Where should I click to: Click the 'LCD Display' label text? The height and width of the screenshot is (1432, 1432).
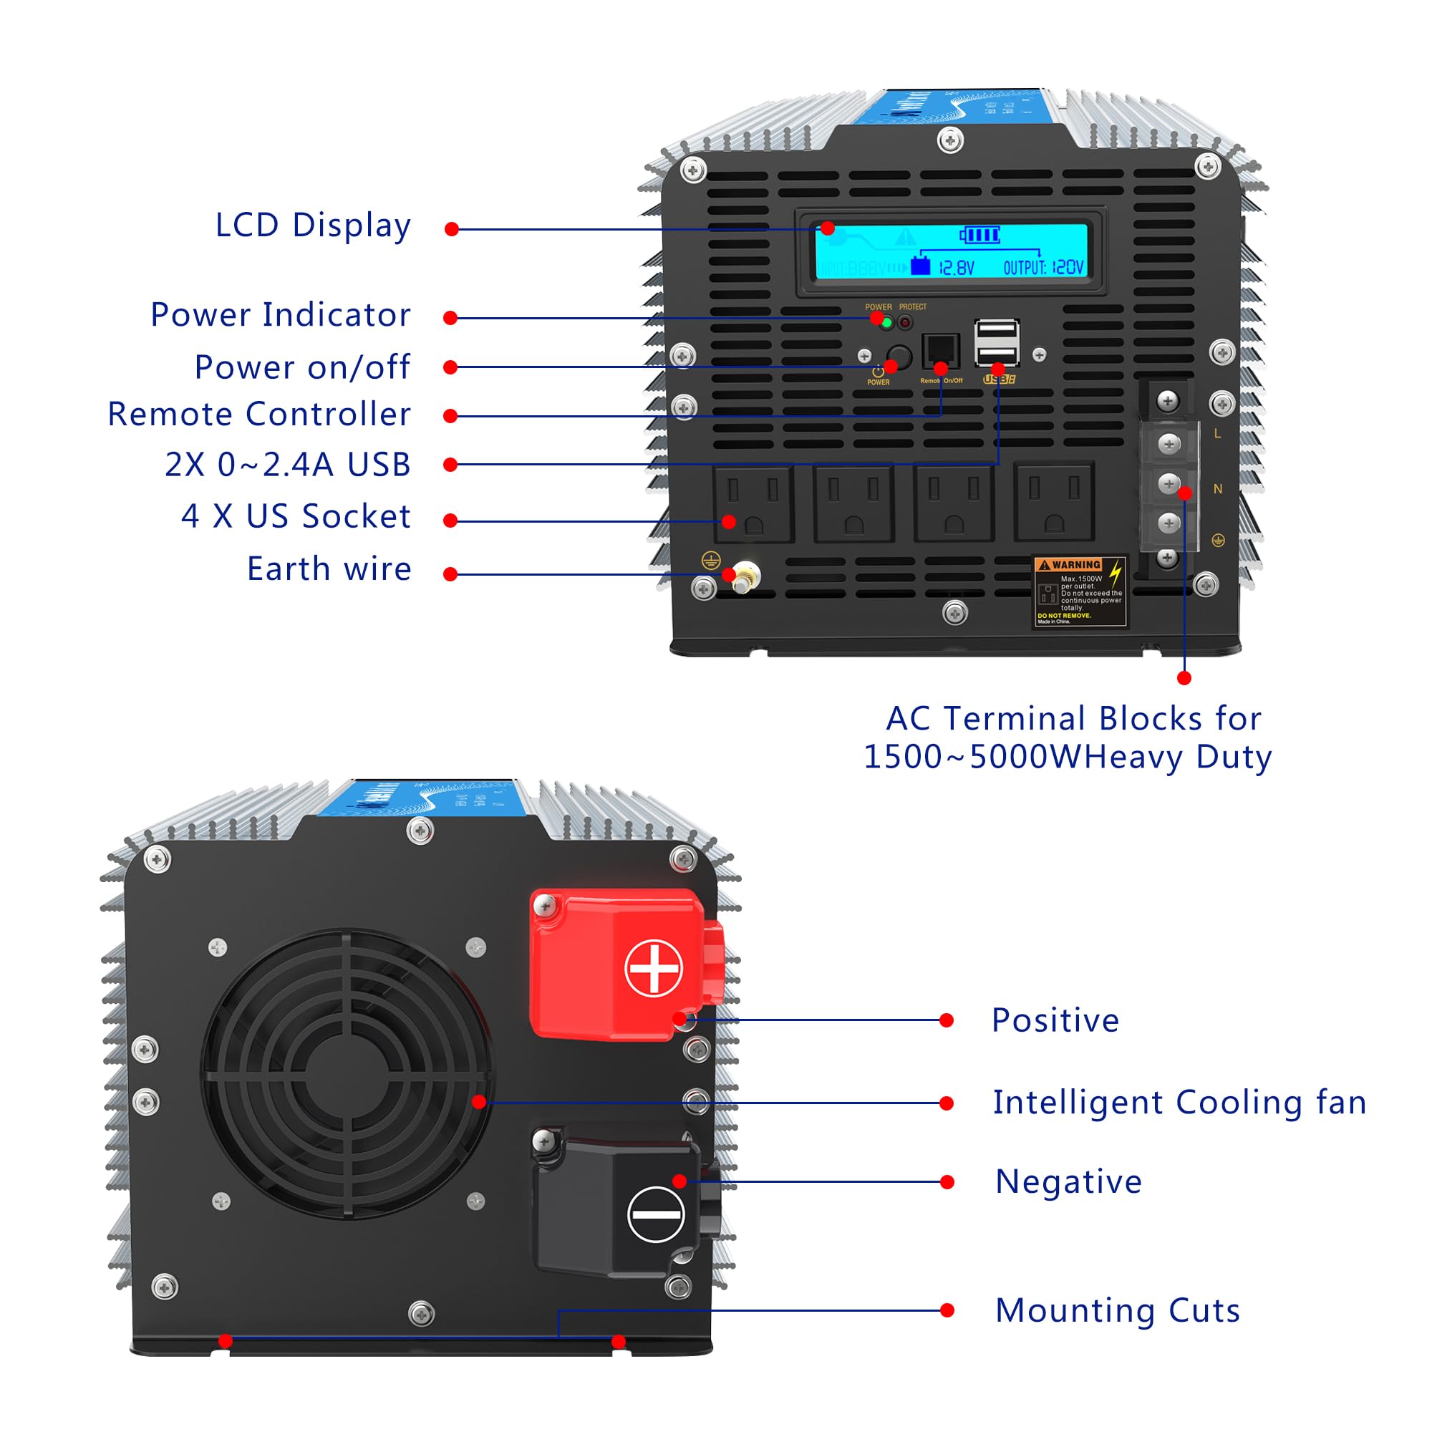point(313,226)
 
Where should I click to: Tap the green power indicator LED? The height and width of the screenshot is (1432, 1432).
point(886,322)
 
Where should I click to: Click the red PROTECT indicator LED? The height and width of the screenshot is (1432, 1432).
point(905,322)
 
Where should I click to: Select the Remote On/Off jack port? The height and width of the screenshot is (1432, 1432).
point(940,349)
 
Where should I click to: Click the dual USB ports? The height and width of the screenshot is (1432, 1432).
point(996,342)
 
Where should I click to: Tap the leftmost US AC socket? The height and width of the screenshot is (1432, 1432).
point(753,503)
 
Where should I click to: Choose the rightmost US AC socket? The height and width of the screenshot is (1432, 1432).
point(1053,503)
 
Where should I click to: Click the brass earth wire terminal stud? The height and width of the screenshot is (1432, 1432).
point(743,576)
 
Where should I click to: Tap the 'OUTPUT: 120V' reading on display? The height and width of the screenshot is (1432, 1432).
point(1043,268)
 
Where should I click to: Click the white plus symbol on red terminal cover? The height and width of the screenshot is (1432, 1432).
point(653,968)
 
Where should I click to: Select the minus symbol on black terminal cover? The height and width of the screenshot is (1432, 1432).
point(655,1214)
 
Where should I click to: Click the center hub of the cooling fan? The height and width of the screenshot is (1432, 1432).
point(346,1073)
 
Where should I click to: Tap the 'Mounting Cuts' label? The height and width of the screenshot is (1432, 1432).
point(1117,1310)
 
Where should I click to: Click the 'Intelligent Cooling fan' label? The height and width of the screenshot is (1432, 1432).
point(1179,1103)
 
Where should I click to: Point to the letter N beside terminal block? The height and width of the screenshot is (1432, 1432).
point(1217,489)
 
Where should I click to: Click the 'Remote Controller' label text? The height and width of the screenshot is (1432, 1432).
point(258,415)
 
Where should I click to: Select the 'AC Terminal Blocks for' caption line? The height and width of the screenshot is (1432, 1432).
point(1073,719)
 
